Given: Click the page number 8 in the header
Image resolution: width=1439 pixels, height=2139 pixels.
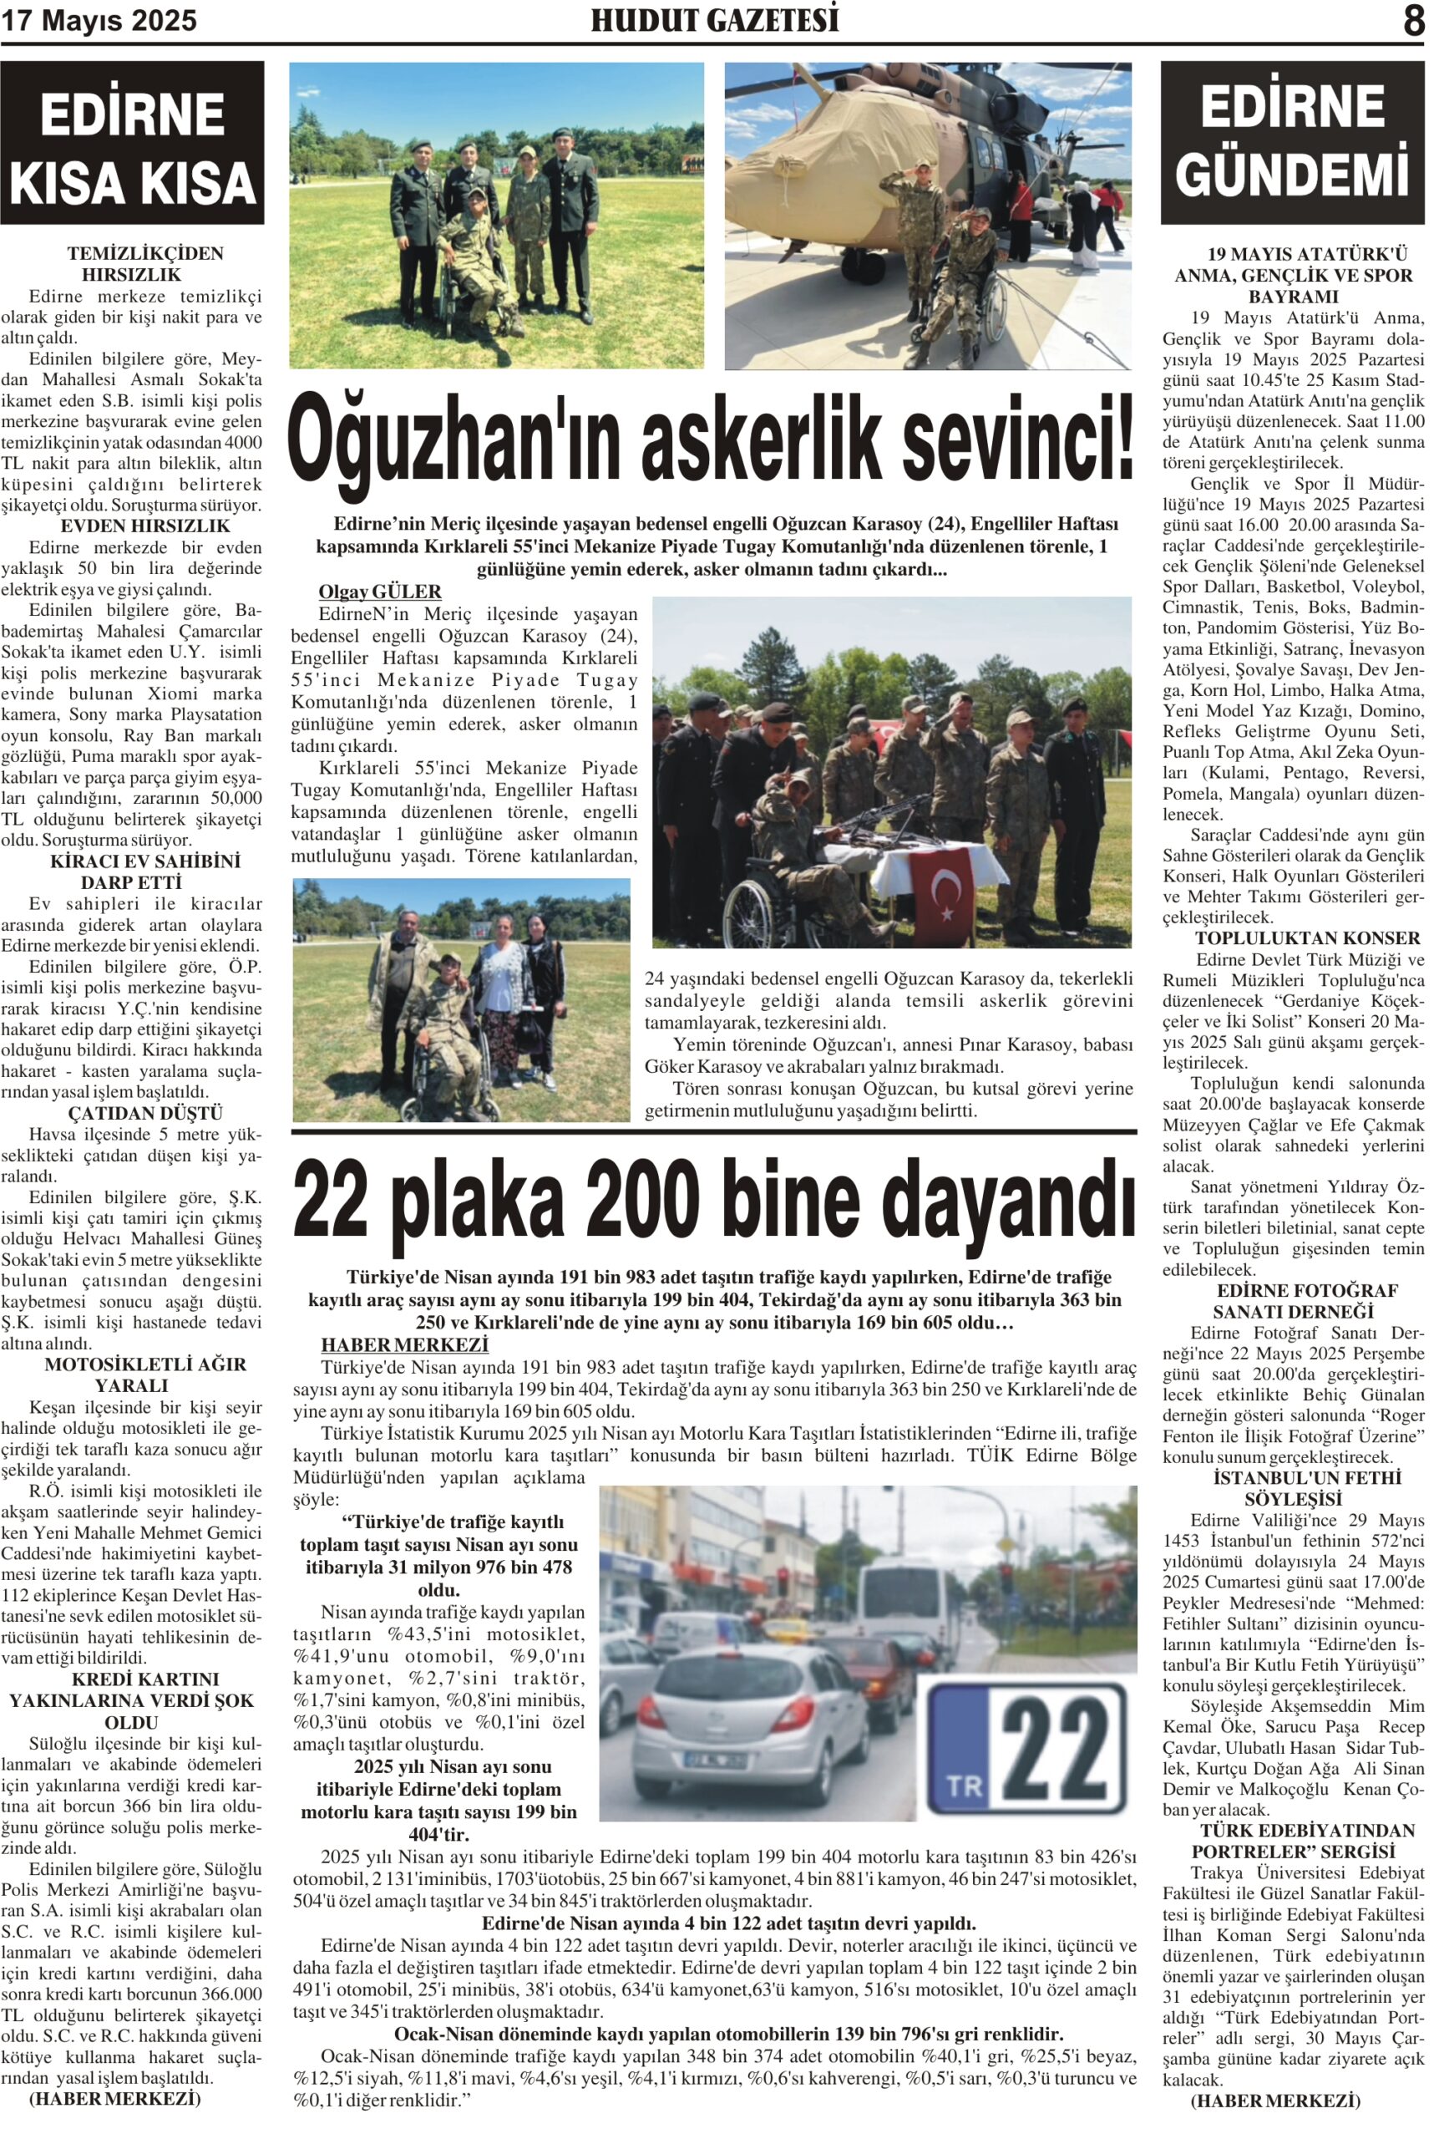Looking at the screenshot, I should pyautogui.click(x=1412, y=20).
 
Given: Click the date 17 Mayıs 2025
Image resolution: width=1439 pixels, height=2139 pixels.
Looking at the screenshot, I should pyautogui.click(x=99, y=21).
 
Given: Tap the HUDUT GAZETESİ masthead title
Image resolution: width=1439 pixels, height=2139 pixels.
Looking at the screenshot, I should pyautogui.click(x=714, y=20).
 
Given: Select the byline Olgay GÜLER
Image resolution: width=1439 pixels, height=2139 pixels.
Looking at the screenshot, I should pyautogui.click(x=380, y=592).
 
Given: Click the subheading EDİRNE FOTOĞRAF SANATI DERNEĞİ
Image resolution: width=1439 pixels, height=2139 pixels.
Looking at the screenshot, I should pyautogui.click(x=1293, y=1301).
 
